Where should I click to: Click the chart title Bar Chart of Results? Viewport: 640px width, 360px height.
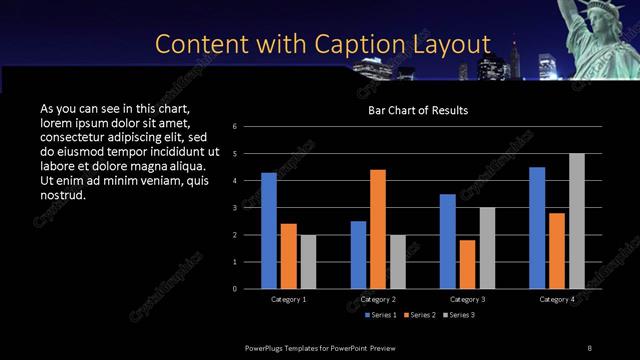coord(418,110)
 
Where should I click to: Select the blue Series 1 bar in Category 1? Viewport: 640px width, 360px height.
coord(269,230)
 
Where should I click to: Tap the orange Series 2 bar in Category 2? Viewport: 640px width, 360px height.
coord(377,229)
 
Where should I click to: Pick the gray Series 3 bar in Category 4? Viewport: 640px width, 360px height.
coord(576,221)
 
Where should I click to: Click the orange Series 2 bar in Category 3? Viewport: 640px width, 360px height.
coord(467,264)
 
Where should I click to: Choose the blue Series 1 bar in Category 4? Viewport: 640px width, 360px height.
coord(537,227)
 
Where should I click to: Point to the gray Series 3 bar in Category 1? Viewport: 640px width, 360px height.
coord(308,261)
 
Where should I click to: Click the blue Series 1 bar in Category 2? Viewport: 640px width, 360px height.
coord(358,254)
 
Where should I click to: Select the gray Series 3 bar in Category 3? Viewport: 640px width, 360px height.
coord(487,248)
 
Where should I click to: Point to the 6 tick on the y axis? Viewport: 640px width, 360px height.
coord(233,127)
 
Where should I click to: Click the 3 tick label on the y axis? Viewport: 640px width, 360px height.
coord(233,208)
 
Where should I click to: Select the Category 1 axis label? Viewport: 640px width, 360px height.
coord(289,299)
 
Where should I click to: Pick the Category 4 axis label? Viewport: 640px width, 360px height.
coord(557,299)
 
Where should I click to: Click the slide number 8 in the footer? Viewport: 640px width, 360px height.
coord(589,347)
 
